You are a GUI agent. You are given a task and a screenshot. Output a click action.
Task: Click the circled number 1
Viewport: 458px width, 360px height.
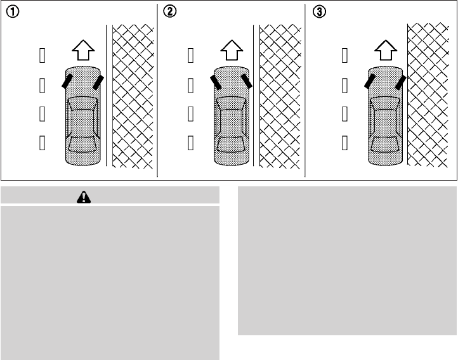(x=11, y=12)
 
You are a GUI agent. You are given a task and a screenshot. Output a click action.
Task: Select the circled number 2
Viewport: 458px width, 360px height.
(x=169, y=12)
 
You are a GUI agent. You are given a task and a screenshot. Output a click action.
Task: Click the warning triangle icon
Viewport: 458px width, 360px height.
(x=83, y=197)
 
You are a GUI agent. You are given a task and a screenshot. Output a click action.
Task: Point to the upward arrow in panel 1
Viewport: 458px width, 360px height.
(x=82, y=49)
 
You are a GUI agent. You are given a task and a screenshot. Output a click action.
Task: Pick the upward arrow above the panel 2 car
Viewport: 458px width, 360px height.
(x=230, y=49)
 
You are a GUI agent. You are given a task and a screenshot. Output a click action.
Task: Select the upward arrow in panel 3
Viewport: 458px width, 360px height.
(x=383, y=49)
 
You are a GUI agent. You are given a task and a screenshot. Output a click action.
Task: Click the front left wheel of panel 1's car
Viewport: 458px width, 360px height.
(x=66, y=80)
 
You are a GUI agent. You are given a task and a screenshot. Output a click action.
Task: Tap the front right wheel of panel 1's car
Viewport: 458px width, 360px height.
(x=98, y=82)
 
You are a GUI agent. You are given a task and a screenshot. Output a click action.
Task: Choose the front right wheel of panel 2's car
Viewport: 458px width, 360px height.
(x=246, y=80)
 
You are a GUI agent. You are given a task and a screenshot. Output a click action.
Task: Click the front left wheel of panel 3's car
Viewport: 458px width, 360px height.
(x=368, y=80)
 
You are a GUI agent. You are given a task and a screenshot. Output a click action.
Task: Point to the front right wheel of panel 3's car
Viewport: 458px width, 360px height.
(x=400, y=81)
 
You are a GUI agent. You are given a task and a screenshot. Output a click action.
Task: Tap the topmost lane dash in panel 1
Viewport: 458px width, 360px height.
(x=43, y=57)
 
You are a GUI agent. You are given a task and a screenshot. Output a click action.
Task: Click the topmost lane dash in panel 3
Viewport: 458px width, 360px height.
(x=344, y=57)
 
